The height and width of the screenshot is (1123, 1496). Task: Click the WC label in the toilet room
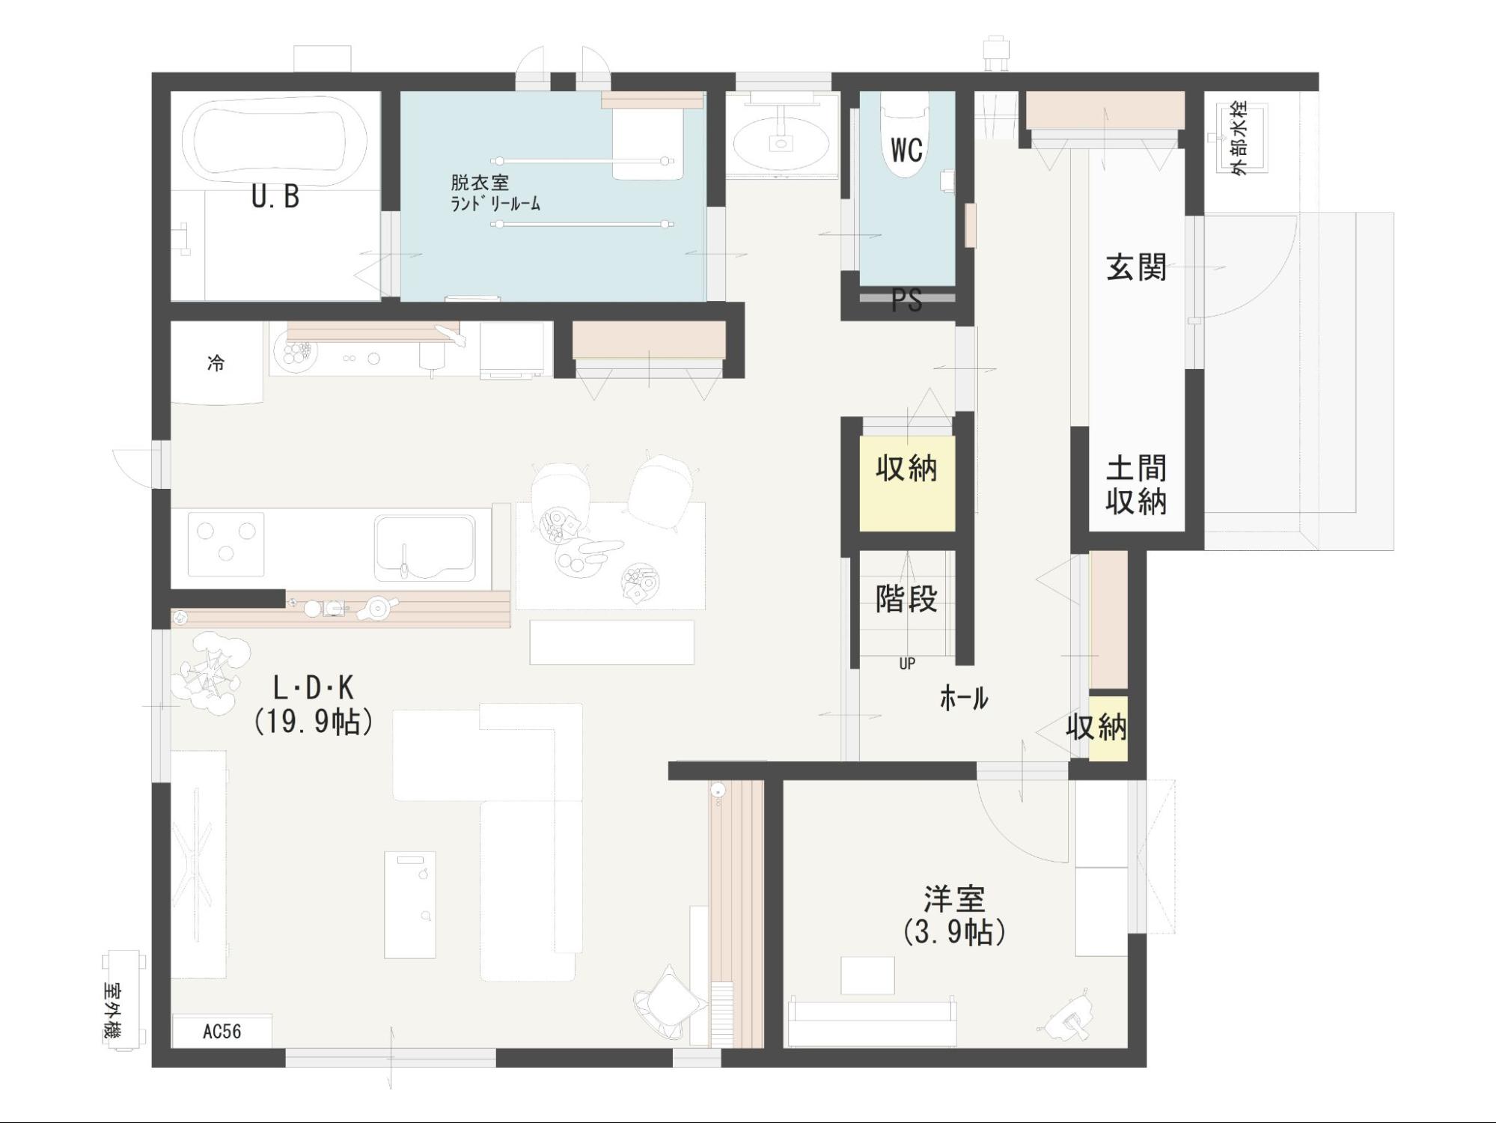tap(906, 150)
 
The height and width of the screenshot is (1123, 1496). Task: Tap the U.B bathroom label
tap(275, 197)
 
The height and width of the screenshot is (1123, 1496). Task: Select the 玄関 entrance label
tap(1136, 267)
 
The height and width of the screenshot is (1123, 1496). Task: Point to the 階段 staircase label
tap(906, 598)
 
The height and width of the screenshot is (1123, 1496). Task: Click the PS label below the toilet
tap(906, 301)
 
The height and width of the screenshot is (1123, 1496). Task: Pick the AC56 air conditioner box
tap(222, 1031)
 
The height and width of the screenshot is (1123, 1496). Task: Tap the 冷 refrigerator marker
tap(216, 364)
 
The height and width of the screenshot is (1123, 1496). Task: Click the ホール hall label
tap(964, 699)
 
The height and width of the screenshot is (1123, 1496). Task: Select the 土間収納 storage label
tap(1136, 485)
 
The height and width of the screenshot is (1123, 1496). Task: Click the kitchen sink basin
tap(425, 547)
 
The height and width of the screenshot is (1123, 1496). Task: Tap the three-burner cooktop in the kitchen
tap(225, 544)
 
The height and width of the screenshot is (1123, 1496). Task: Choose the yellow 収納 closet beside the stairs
tap(906, 484)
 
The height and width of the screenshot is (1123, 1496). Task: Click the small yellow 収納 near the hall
tap(1108, 728)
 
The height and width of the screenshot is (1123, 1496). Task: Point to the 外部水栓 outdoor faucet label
tap(1239, 139)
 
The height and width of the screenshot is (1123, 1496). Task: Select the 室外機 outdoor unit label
tap(114, 1011)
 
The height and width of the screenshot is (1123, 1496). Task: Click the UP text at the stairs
tap(907, 663)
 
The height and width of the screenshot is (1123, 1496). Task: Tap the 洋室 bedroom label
tap(954, 898)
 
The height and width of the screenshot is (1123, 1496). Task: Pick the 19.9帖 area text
tap(314, 722)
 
